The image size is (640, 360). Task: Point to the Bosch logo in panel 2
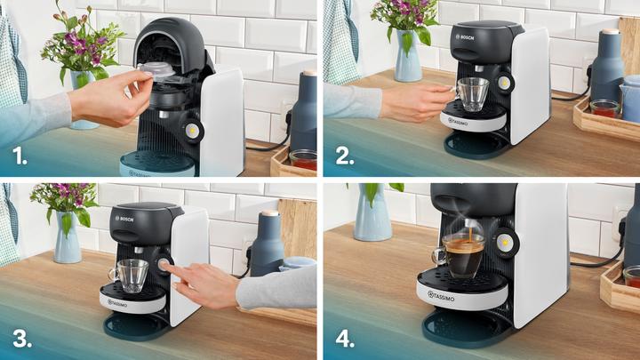[466, 36]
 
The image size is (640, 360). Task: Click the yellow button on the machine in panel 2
[504, 83]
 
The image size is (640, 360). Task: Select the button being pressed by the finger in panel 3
[165, 264]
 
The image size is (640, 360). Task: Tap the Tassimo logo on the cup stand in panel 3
[119, 303]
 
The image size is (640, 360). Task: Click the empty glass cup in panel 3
[132, 275]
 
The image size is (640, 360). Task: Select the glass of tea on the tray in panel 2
[605, 108]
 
